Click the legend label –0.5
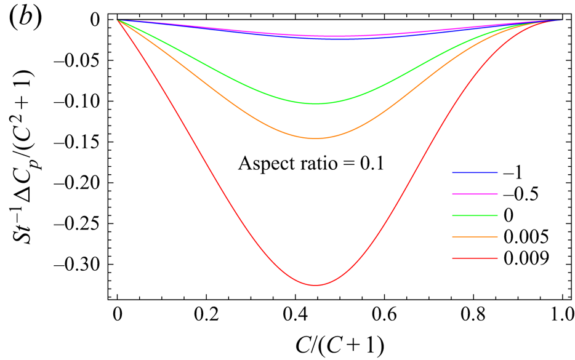pyautogui.click(x=521, y=194)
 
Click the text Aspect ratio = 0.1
pyautogui.click(x=311, y=164)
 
